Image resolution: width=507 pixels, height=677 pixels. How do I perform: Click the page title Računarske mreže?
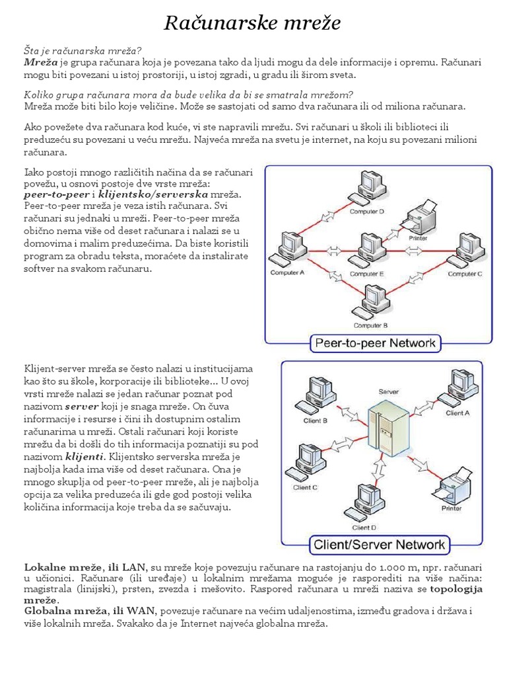tap(253, 24)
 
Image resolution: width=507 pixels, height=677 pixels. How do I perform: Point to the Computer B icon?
tap(368, 301)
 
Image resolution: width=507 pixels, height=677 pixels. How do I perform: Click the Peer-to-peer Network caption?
tap(376, 342)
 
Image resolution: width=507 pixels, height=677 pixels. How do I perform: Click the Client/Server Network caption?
tap(379, 545)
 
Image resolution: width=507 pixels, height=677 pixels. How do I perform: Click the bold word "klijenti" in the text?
tap(84, 456)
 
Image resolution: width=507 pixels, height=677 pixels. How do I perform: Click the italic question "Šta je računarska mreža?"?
tap(83, 50)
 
